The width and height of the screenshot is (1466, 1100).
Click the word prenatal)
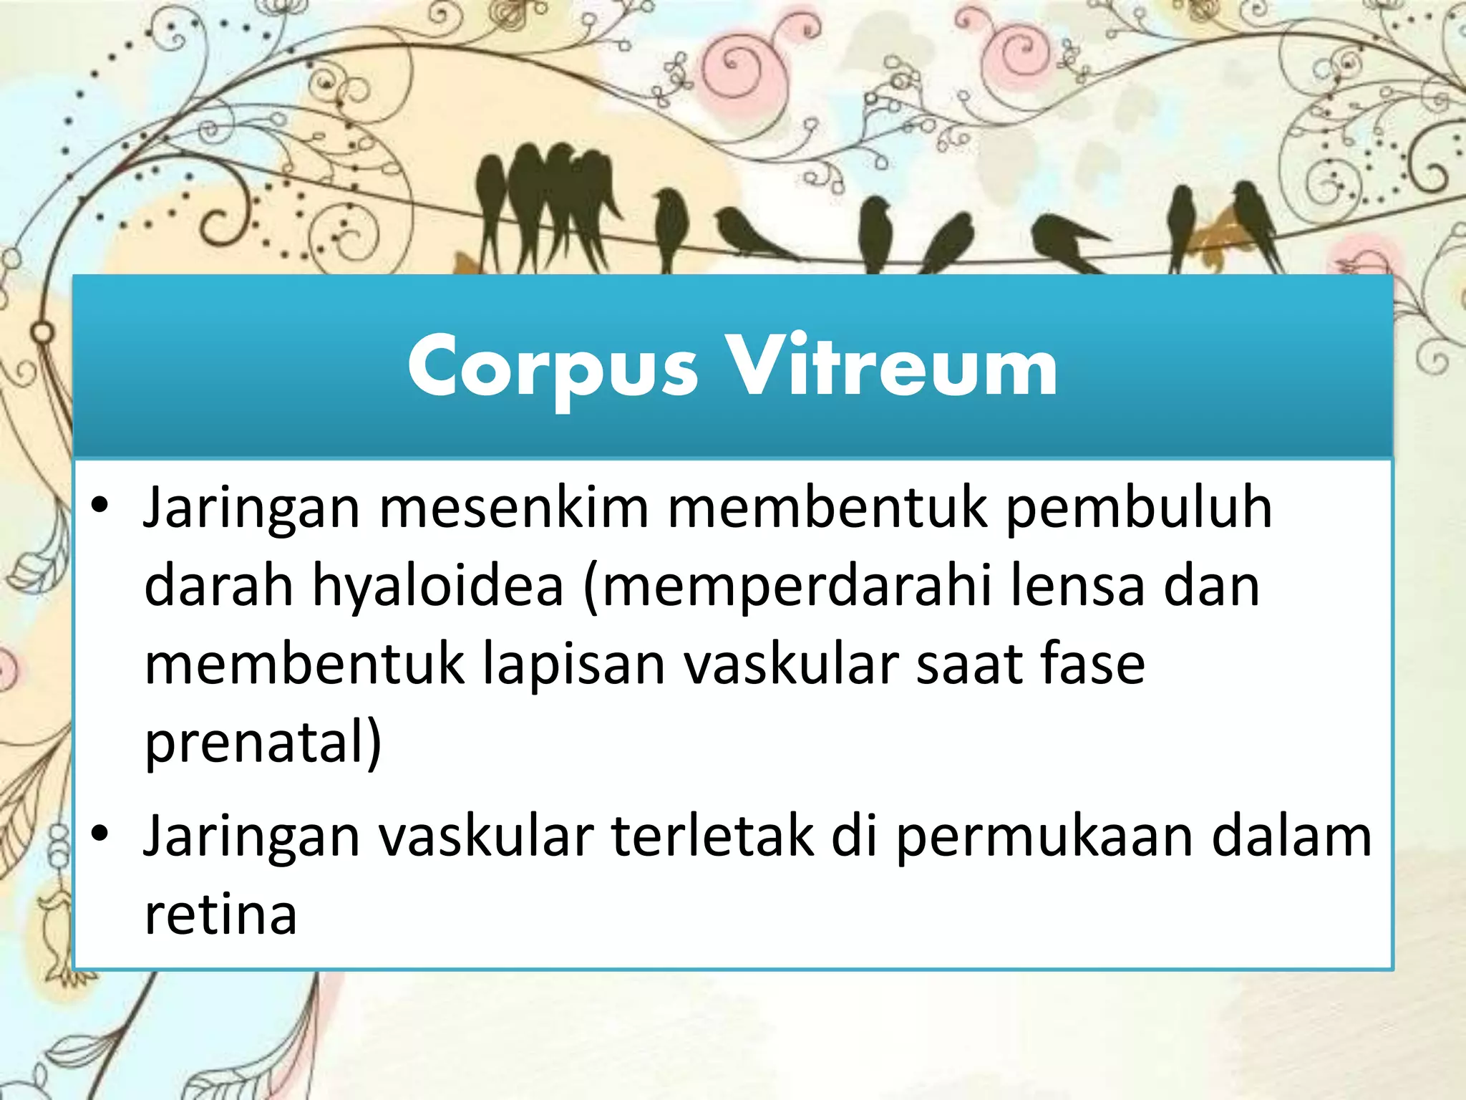pos(263,743)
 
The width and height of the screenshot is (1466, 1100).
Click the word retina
pos(220,915)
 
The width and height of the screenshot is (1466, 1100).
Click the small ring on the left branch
pos(42,333)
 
